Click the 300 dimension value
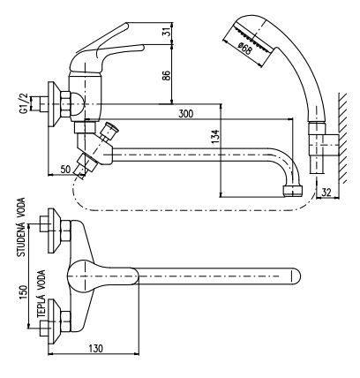[186, 113]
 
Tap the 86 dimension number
[166, 76]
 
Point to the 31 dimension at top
[167, 31]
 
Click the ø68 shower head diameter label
[244, 48]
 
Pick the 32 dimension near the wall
[326, 193]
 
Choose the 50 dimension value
[65, 170]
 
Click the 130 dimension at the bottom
[95, 349]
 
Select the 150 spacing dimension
[23, 292]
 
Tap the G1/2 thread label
[23, 103]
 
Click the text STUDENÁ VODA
[21, 227]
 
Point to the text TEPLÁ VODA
[41, 294]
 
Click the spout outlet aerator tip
[294, 191]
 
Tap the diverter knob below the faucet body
[109, 129]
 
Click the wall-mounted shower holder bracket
[324, 145]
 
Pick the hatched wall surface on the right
[343, 138]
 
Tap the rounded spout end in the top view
[295, 276]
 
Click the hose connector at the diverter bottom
[84, 167]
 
